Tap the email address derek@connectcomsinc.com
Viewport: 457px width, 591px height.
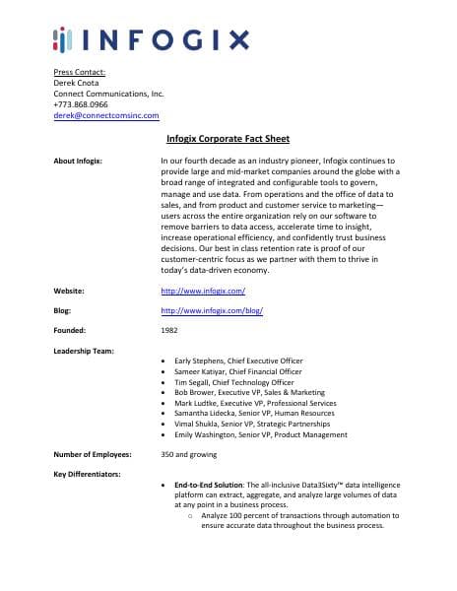[x=104, y=115]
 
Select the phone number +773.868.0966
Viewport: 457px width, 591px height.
[x=81, y=104]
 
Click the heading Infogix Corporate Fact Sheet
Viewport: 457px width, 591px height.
[x=228, y=139]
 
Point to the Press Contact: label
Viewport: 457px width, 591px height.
[x=79, y=72]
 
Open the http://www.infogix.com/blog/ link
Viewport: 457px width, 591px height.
[x=211, y=310]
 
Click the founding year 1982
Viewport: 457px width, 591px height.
[x=168, y=330]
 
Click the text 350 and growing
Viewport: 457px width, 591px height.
[x=188, y=454]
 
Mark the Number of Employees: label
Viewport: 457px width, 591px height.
[x=95, y=454]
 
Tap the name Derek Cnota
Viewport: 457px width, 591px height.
[x=77, y=83]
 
